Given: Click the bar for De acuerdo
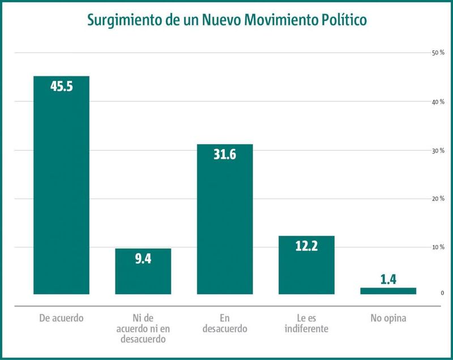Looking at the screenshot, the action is [61, 185].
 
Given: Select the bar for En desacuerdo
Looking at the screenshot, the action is [225, 219].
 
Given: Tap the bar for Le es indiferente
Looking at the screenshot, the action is [306, 265].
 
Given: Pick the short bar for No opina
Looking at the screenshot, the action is [388, 291].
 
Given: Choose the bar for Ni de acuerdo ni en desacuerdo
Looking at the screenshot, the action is [143, 271].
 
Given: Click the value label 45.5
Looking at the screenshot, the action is [62, 86].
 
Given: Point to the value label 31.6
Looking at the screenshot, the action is [225, 155].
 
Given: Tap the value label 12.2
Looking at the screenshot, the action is [306, 246].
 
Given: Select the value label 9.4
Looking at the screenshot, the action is [143, 259].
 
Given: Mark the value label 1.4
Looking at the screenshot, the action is [388, 280].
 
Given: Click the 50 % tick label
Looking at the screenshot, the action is [438, 53].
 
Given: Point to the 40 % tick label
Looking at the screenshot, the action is [438, 102].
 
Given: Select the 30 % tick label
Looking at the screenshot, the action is [438, 151].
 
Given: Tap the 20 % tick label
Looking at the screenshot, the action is [438, 199].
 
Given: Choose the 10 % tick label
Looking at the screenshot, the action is [438, 247].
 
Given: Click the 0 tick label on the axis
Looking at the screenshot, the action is [442, 293].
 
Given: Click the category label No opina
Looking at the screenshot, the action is [388, 318].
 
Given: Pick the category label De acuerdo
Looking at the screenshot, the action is [61, 318].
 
